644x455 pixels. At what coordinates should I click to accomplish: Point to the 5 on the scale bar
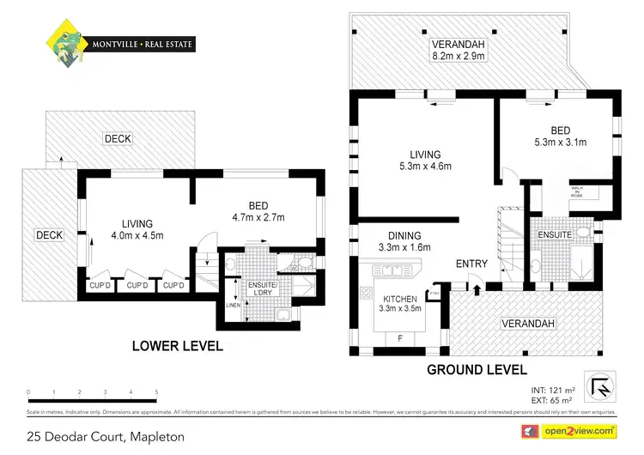(x=156, y=392)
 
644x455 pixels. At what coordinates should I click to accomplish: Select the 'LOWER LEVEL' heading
(x=177, y=346)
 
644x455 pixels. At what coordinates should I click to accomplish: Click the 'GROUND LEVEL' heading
(x=477, y=369)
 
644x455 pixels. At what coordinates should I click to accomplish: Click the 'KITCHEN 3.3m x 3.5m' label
(x=402, y=304)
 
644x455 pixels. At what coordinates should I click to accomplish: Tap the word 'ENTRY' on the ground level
(x=471, y=264)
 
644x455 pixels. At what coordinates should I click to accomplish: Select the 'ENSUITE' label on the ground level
(x=556, y=233)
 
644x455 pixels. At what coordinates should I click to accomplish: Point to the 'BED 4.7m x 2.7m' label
(x=258, y=211)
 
